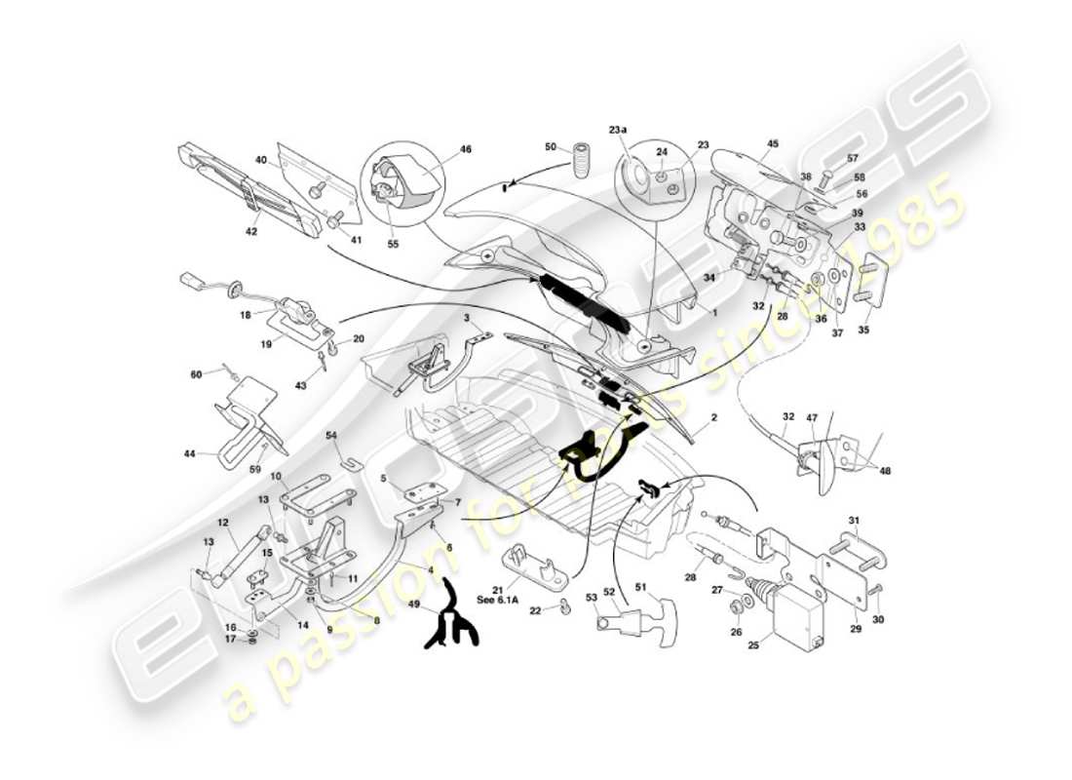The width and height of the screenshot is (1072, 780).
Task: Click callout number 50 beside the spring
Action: click(x=550, y=147)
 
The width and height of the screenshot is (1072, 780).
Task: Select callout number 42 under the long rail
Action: click(x=251, y=232)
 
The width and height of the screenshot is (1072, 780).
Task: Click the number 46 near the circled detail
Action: click(x=465, y=150)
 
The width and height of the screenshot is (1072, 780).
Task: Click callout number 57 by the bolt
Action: click(x=852, y=158)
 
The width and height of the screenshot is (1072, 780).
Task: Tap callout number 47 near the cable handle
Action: click(x=811, y=416)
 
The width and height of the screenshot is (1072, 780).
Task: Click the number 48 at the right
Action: click(x=884, y=471)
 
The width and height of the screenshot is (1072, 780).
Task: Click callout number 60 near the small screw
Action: click(x=196, y=374)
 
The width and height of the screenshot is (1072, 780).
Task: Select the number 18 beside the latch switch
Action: click(x=245, y=315)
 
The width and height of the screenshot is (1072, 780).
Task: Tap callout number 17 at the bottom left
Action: click(x=230, y=641)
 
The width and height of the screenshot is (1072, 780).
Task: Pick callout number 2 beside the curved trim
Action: click(x=713, y=417)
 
